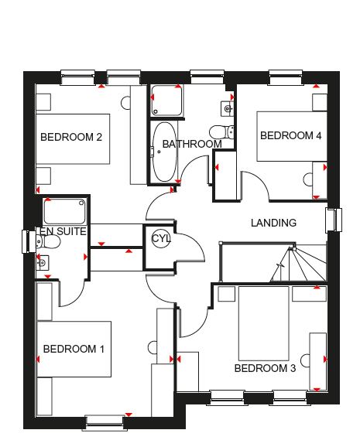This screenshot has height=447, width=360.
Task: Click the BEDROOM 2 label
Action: click(x=71, y=137)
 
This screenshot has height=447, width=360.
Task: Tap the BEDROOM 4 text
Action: click(x=291, y=135)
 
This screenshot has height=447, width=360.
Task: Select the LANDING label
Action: click(x=273, y=223)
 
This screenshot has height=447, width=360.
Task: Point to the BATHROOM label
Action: click(x=192, y=144)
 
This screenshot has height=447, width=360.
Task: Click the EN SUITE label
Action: click(x=63, y=231)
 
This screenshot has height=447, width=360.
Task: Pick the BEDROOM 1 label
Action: click(x=74, y=349)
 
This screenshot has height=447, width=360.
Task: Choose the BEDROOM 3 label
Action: click(x=265, y=368)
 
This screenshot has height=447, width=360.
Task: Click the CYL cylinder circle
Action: click(x=161, y=238)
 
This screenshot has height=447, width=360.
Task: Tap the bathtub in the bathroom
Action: click(x=164, y=152)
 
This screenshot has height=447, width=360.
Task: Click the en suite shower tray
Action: click(x=64, y=211)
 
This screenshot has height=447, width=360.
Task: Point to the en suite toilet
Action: click(x=49, y=242)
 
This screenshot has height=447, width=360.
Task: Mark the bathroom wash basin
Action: click(x=228, y=108)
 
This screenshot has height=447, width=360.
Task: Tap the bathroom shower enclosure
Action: click(x=166, y=101)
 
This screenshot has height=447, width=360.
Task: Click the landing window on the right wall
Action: click(x=334, y=219)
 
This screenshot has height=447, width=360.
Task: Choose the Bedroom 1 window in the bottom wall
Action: click(x=105, y=422)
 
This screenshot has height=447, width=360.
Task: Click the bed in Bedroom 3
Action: click(x=264, y=323)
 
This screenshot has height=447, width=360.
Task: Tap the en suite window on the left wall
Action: click(x=29, y=241)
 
